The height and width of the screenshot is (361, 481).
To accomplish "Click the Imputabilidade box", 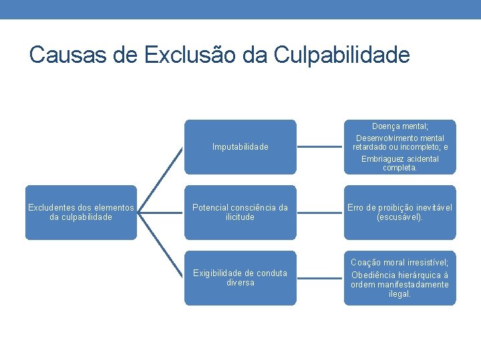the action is click(240, 146).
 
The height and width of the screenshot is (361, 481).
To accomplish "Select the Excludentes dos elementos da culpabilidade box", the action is click(80, 213).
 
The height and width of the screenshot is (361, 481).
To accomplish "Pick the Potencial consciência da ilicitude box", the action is click(240, 213).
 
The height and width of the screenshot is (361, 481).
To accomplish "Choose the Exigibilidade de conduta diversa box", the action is click(240, 278).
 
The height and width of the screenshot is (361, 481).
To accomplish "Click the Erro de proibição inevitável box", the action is click(399, 213).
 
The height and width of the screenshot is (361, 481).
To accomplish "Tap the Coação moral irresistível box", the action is click(399, 278).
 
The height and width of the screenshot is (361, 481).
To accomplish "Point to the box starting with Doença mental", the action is click(399, 146).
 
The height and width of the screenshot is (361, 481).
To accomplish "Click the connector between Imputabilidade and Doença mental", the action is click(319, 146).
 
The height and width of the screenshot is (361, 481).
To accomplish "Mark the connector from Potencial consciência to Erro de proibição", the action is click(319, 213).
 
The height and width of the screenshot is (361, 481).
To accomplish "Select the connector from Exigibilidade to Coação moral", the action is click(319, 278).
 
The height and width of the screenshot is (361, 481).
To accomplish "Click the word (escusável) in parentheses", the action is click(399, 218).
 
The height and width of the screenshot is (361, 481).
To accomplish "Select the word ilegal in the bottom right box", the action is click(399, 294).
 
